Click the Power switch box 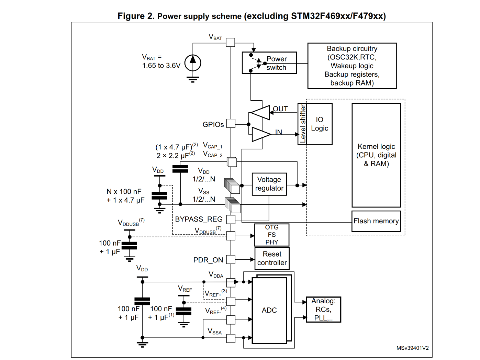point(269,63)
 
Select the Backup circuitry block point(352,66)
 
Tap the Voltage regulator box point(269,184)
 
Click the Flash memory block point(376,221)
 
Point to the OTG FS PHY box point(271,235)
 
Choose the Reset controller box point(272,259)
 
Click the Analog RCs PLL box point(323,310)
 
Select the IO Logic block point(320,124)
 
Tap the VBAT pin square point(231,42)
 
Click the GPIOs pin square point(231,123)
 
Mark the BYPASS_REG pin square point(231,220)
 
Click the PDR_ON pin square point(231,259)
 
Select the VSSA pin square point(231,338)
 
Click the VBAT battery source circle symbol point(193,63)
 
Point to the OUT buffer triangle point(261,113)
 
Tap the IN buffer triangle point(261,134)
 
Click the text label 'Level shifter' point(302,124)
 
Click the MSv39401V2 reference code point(412,348)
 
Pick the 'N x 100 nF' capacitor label point(124,192)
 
